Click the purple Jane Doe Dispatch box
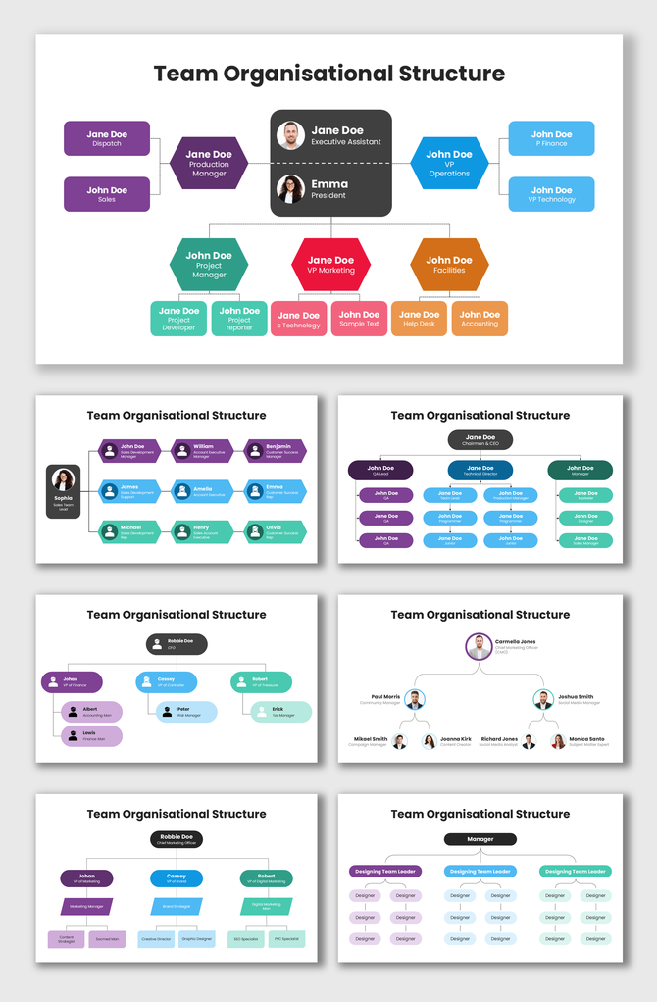[107, 138]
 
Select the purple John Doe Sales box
[107, 194]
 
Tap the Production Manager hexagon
[209, 163]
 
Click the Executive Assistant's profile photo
[290, 135]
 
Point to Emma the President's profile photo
[290, 188]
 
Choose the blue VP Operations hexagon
[449, 163]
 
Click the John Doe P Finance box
[551, 138]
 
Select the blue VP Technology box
[551, 194]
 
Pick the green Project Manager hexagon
[209, 265]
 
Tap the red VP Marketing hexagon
[330, 265]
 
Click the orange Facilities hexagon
[449, 265]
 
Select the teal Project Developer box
[178, 319]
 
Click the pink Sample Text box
[359, 319]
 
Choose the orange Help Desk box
[420, 319]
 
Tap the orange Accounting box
[480, 319]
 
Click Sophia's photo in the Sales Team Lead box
[64, 480]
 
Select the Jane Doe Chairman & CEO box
[480, 440]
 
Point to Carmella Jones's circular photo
[479, 646]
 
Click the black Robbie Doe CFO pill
[177, 644]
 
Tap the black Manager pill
[480, 839]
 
